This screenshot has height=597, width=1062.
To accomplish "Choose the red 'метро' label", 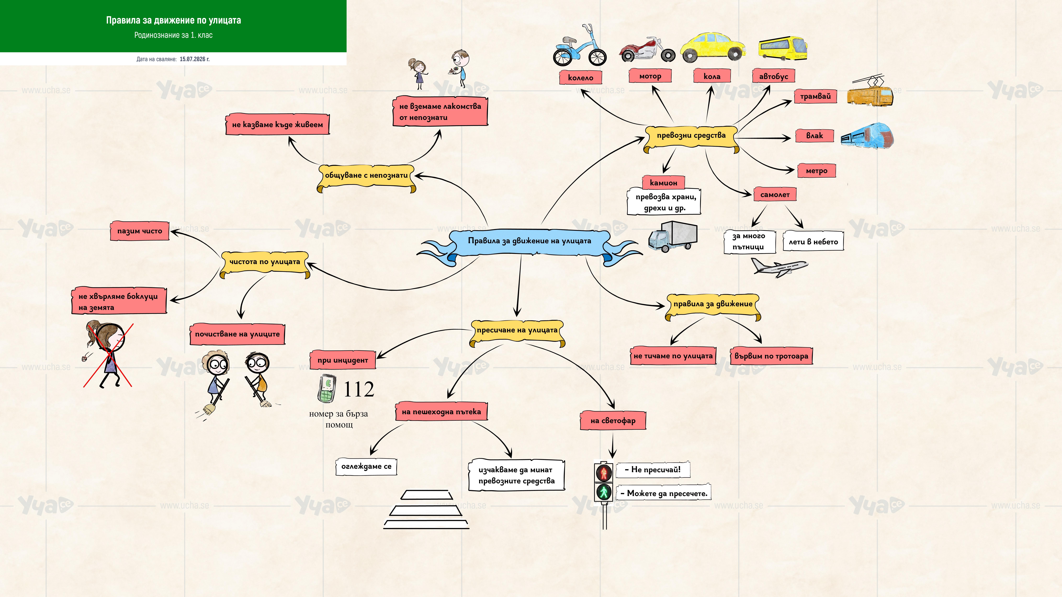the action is (816, 171).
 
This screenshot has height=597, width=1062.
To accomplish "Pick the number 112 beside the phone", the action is (359, 389).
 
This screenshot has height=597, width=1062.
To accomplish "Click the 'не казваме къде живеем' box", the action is (277, 124).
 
